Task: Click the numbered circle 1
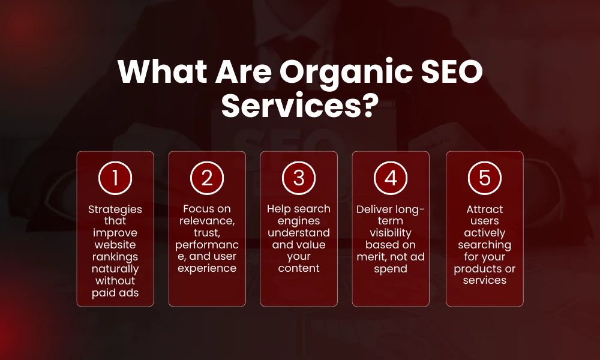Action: click(x=115, y=178)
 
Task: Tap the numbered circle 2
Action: click(x=207, y=178)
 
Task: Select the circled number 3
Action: click(x=299, y=178)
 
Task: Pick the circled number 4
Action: click(x=391, y=178)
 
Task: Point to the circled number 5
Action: click(x=484, y=178)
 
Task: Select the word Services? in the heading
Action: click(x=300, y=109)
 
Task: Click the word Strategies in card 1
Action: click(x=115, y=209)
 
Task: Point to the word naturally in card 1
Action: click(x=115, y=268)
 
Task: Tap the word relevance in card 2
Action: click(x=207, y=221)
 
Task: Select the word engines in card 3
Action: click(x=299, y=221)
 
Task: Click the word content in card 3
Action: click(x=299, y=268)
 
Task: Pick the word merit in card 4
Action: click(x=377, y=256)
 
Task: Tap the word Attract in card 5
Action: click(x=484, y=209)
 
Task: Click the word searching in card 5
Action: click(x=484, y=245)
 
